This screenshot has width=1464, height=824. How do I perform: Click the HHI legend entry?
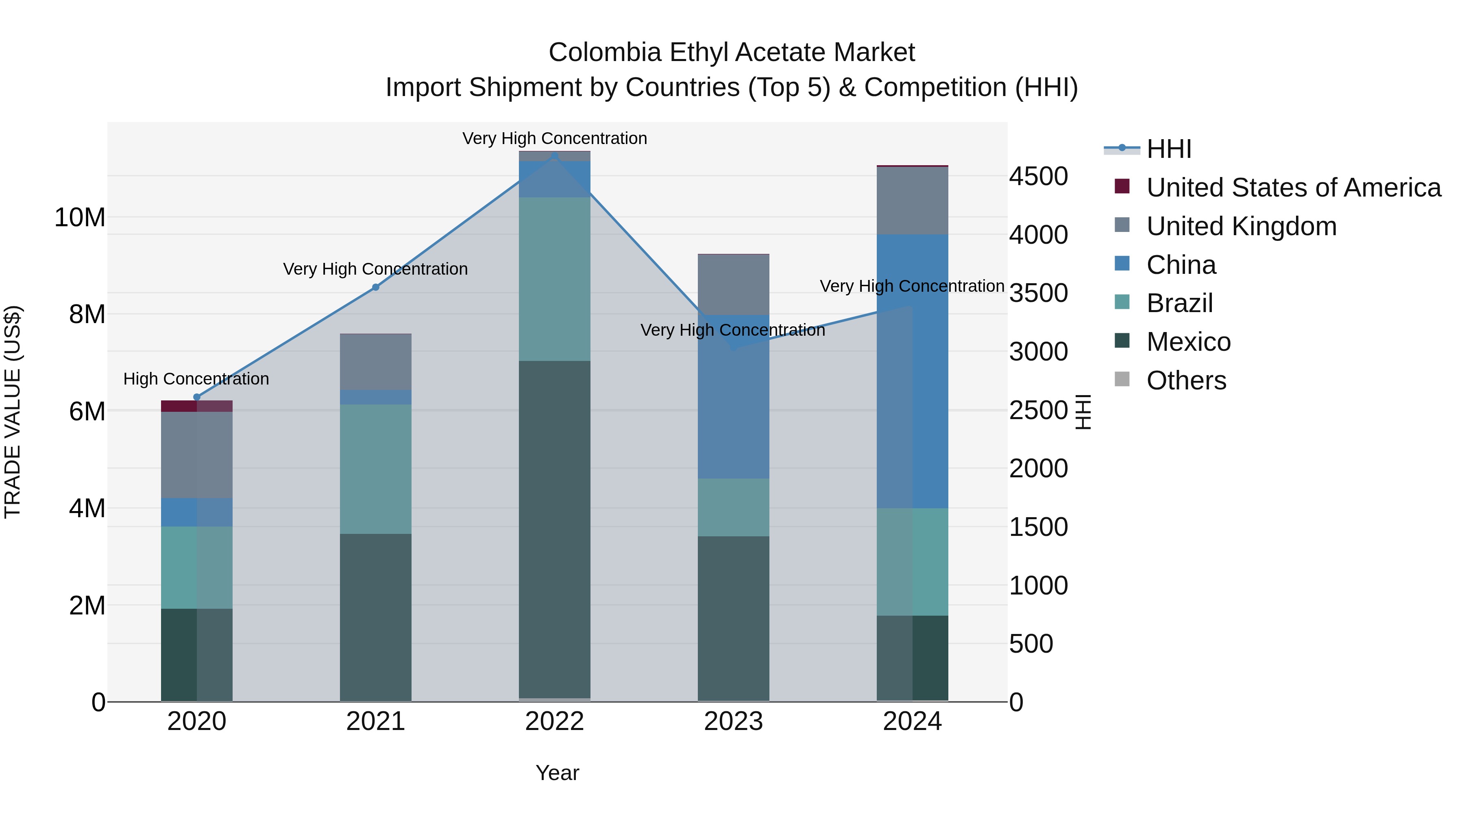pos(1168,149)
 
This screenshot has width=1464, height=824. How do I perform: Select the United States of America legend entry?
pos(1293,188)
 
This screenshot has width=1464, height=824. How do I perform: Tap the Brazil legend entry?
pos(1179,303)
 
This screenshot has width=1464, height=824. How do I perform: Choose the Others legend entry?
pos(1186,380)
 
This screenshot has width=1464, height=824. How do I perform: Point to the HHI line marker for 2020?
pos(197,397)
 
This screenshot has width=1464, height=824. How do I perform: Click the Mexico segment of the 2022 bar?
pos(554,529)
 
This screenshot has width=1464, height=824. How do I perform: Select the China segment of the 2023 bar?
pos(733,398)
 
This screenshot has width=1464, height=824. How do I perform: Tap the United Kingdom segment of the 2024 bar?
pos(912,200)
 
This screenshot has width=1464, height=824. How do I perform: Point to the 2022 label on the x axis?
pos(554,721)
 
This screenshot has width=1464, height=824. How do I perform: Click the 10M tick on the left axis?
pos(80,217)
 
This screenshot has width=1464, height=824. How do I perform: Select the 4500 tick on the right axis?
pos(1038,176)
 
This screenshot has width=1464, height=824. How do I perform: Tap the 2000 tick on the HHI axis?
pos(1038,469)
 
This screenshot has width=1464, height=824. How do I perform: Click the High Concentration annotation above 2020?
pos(196,379)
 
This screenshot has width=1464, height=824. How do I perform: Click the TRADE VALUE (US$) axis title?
pos(13,412)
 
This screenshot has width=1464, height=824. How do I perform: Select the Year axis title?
pos(557,773)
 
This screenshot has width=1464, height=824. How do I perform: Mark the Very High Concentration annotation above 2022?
pos(554,138)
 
